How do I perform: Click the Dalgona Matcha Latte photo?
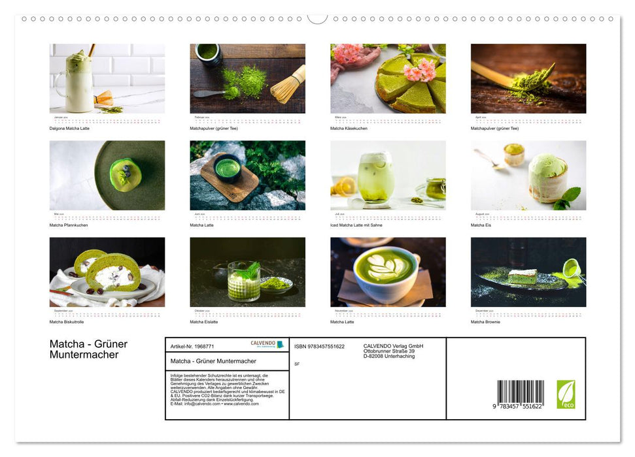107,78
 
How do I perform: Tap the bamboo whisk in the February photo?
288,84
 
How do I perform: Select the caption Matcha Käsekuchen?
349,129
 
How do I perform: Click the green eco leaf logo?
566,394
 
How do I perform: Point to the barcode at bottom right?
520,394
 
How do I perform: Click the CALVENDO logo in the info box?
267,344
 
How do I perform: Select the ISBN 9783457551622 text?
319,347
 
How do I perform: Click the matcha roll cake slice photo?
107,272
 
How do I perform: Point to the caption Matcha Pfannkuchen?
69,225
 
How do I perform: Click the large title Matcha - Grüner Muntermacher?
88,349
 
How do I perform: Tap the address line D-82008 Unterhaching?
389,356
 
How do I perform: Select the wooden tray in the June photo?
228,178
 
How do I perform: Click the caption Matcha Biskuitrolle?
67,322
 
